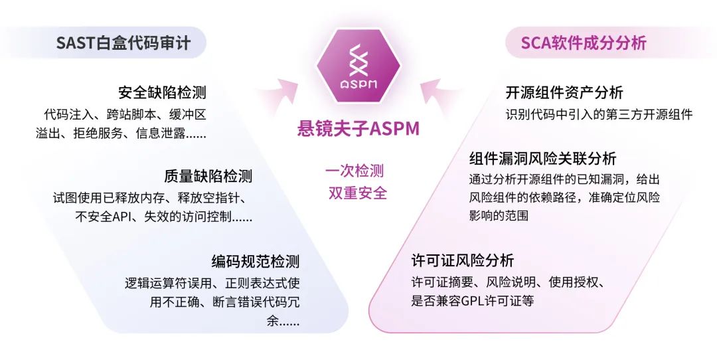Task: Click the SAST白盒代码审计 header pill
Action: [123, 44]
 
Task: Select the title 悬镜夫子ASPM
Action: [358, 128]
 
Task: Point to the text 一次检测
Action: [355, 171]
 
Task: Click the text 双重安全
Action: [357, 193]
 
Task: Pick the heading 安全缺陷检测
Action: [162, 92]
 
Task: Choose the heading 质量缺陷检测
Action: [208, 176]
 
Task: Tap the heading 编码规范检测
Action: [256, 261]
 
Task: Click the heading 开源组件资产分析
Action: [564, 92]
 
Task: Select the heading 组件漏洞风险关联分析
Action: [542, 159]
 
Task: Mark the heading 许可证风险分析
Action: [463, 260]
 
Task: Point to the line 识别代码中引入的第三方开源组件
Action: [599, 114]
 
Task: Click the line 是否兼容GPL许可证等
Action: [473, 301]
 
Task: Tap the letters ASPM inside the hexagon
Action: [358, 84]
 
